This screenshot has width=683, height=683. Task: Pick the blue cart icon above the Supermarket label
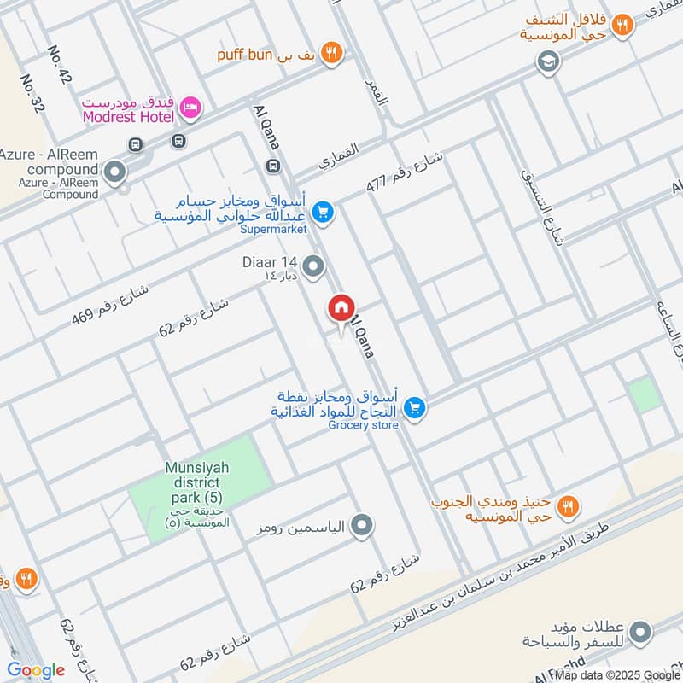coord(322,211)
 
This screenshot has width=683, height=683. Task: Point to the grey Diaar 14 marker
coord(314,268)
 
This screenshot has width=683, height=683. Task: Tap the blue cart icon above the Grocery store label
coord(415,409)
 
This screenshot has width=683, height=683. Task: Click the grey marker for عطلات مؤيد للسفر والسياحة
coord(639,633)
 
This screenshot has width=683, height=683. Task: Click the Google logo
coord(36,670)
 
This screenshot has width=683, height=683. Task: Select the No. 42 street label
coord(59,65)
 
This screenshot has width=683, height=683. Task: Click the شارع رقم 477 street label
coord(406,171)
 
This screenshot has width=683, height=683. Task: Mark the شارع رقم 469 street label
coord(110,305)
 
